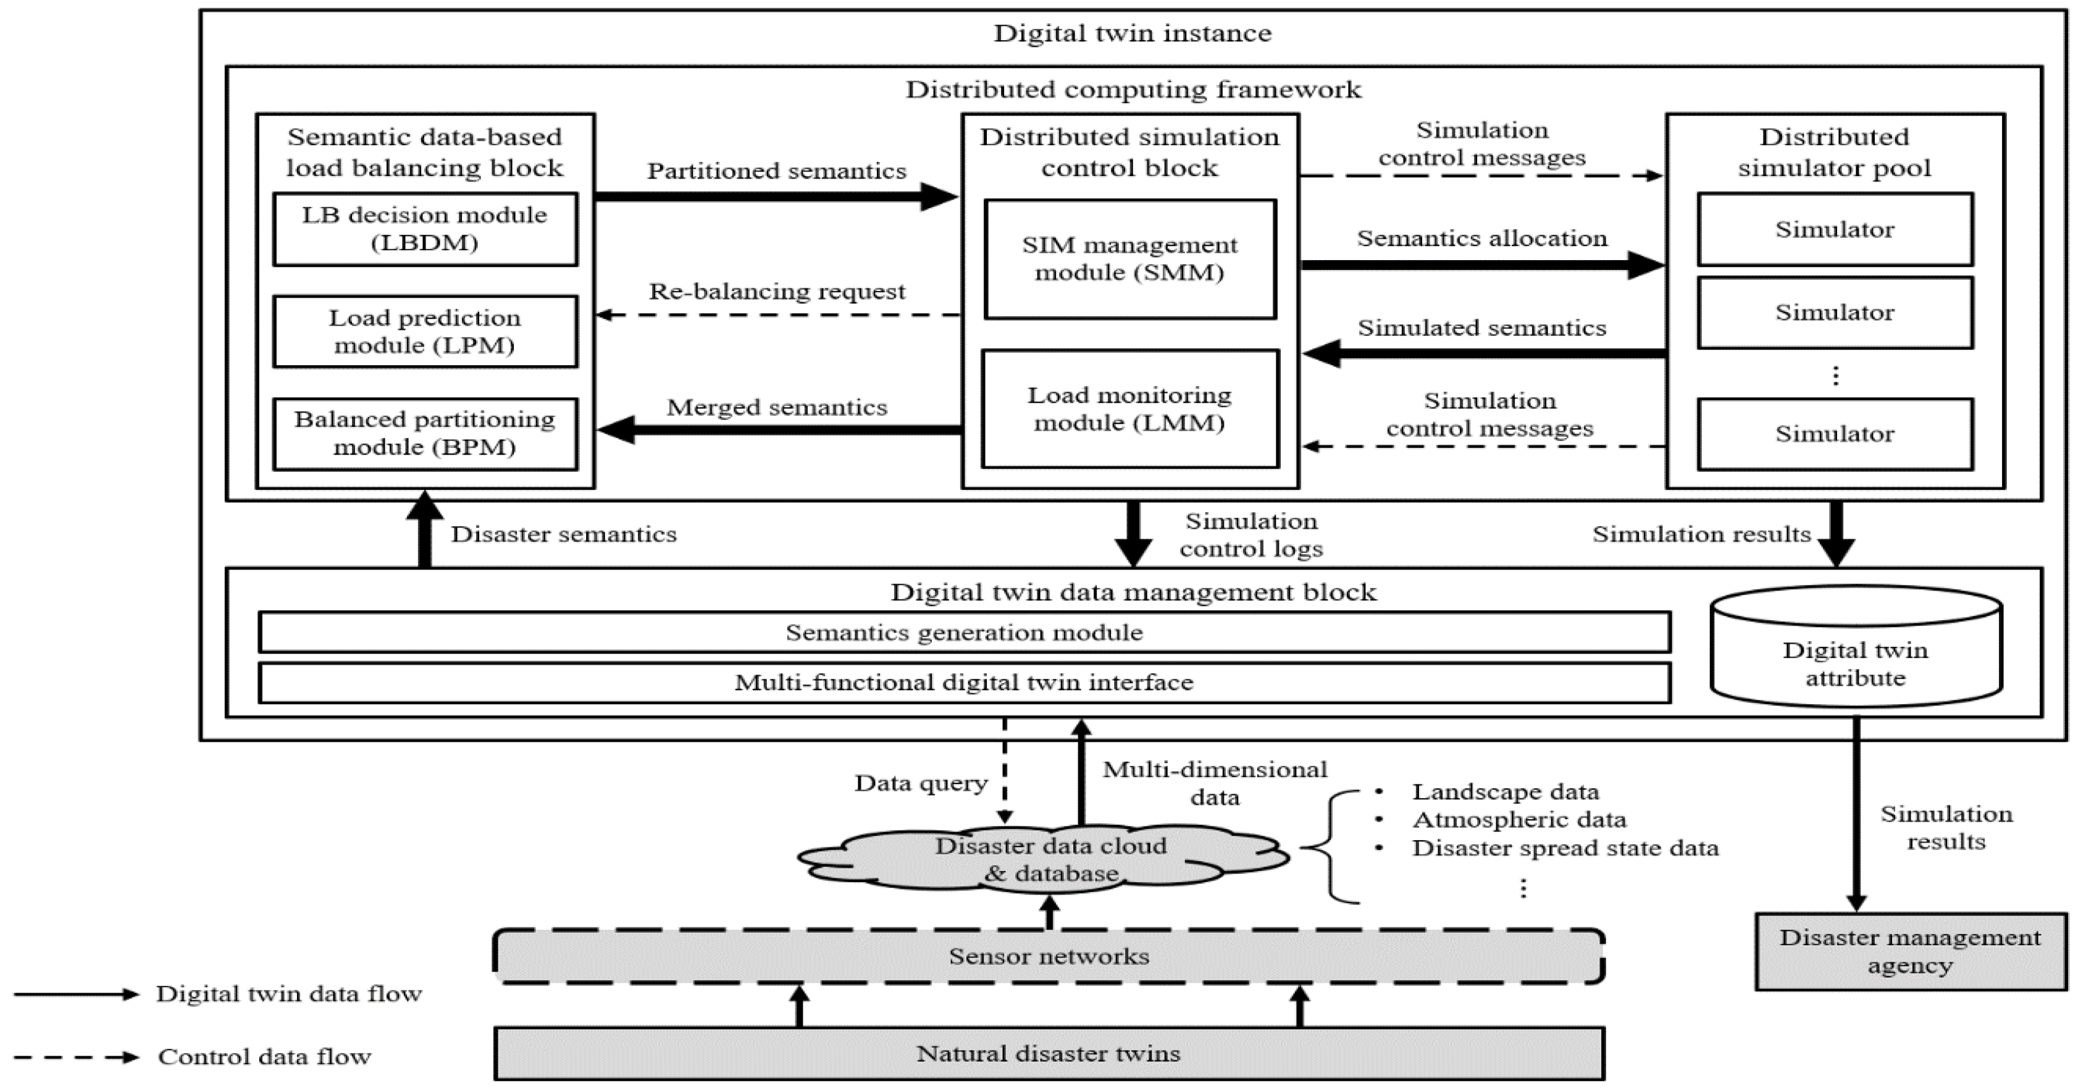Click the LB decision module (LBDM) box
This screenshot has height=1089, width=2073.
(x=425, y=229)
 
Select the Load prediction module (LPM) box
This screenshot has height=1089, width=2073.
(x=425, y=332)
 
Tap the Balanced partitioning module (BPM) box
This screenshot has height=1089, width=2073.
(x=425, y=434)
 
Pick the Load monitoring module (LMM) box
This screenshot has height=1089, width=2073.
(x=1130, y=409)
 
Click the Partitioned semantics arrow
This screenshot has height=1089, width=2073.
(x=777, y=196)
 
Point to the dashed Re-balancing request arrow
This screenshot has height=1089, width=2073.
(x=777, y=314)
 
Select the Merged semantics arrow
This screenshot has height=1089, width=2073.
(x=777, y=430)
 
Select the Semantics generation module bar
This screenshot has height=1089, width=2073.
(x=964, y=633)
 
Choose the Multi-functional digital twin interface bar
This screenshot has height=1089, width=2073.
(x=964, y=683)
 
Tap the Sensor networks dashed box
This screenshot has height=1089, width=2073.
(x=1049, y=956)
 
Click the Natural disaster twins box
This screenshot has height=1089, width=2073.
(x=1049, y=1054)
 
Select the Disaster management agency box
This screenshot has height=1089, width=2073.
(x=1911, y=951)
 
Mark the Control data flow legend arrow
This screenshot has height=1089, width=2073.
(x=77, y=1057)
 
